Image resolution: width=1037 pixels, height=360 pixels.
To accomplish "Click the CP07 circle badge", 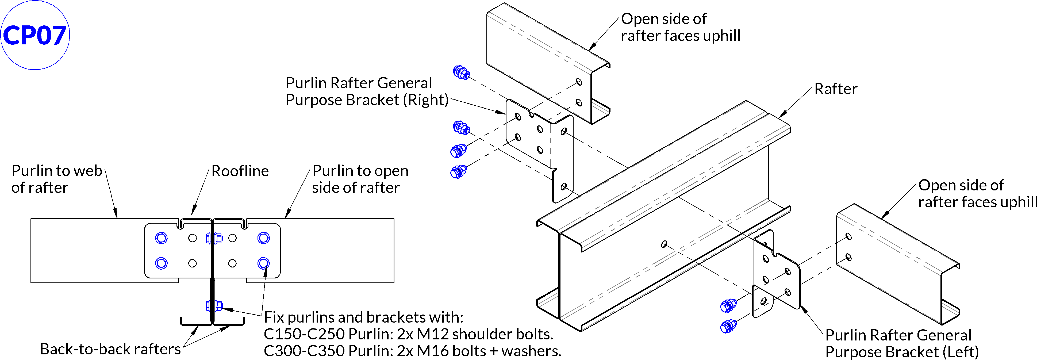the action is (35, 35).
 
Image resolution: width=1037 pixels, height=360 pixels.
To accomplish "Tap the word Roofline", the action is (240, 171).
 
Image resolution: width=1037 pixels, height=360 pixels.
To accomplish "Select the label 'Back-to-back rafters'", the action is (110, 349).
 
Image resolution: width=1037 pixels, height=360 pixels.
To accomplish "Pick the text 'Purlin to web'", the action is (57, 171).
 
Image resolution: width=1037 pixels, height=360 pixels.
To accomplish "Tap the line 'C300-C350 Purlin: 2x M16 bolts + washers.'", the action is (412, 351).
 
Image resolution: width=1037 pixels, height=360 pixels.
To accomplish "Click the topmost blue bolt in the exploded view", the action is (461, 72).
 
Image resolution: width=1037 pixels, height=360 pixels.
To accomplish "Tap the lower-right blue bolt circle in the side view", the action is (264, 263).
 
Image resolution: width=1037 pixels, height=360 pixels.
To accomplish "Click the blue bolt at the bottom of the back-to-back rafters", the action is (214, 306).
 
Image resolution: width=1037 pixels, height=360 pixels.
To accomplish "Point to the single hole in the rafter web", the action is (664, 244).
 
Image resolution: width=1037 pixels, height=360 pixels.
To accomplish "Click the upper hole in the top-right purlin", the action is (579, 82).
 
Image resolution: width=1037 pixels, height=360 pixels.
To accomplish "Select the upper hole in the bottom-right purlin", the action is (848, 236).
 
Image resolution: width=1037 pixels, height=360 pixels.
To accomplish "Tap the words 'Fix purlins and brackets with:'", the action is (363, 317).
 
